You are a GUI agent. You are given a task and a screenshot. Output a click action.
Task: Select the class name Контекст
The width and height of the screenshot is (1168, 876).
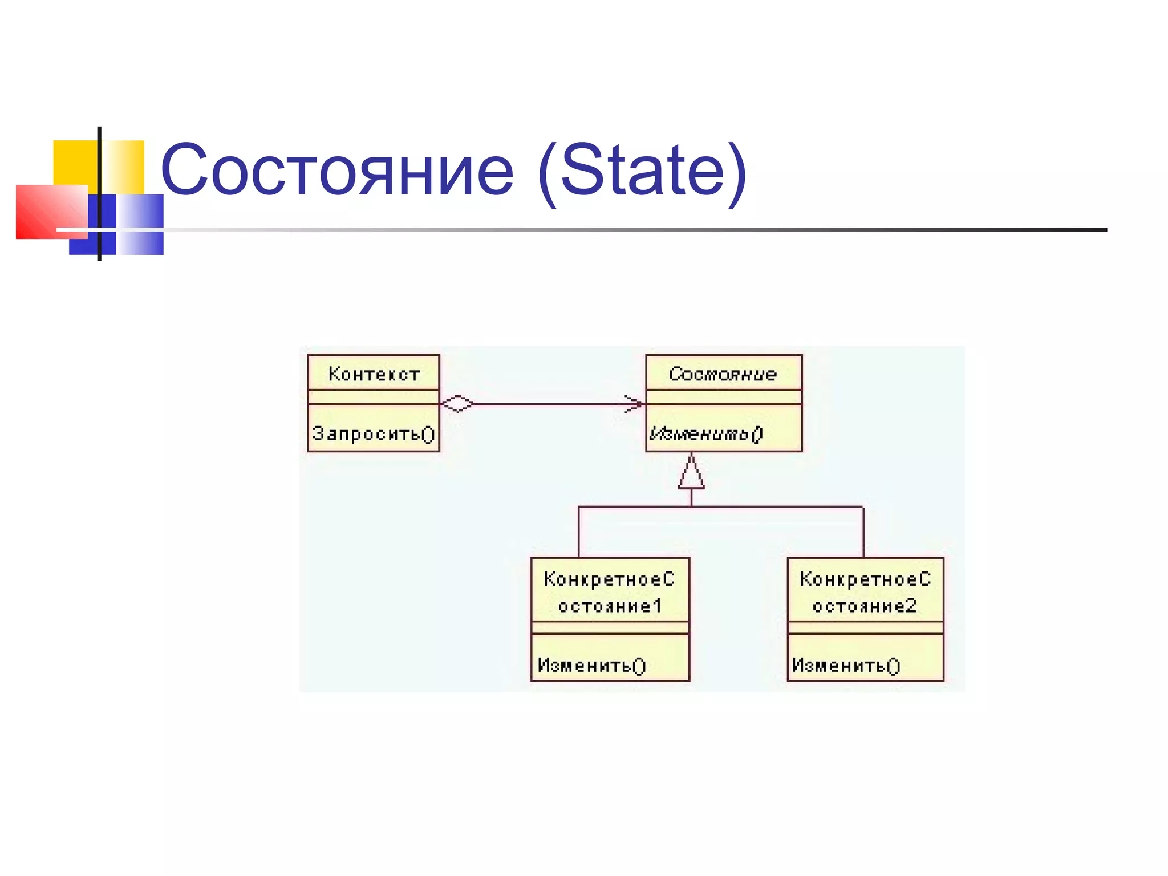[x=374, y=374]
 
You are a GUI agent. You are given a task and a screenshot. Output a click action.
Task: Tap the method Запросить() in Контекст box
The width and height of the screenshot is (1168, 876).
[x=374, y=434]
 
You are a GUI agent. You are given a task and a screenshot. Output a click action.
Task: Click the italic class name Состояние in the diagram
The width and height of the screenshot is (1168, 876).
[x=723, y=374]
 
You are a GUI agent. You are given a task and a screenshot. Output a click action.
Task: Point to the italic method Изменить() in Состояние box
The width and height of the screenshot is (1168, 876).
[x=705, y=434]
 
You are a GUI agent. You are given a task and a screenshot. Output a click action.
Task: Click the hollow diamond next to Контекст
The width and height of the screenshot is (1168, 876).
[x=457, y=404]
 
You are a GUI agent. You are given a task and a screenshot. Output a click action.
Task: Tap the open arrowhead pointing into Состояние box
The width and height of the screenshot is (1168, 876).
[x=634, y=404]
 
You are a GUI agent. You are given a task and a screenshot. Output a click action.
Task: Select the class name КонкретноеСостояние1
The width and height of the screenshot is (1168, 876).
[x=610, y=592]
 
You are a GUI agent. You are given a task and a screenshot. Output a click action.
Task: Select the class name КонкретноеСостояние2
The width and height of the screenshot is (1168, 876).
[x=865, y=592]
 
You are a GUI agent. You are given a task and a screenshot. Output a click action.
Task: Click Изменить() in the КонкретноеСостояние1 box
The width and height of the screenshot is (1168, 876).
[x=591, y=665]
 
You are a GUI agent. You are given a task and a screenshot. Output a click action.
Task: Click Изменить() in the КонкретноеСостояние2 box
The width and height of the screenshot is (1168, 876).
[x=846, y=665]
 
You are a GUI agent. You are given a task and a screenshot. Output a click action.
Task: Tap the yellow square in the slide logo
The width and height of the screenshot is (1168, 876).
[x=74, y=162]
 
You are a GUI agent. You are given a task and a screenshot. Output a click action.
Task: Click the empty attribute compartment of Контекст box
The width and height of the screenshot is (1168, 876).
[x=374, y=397]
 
